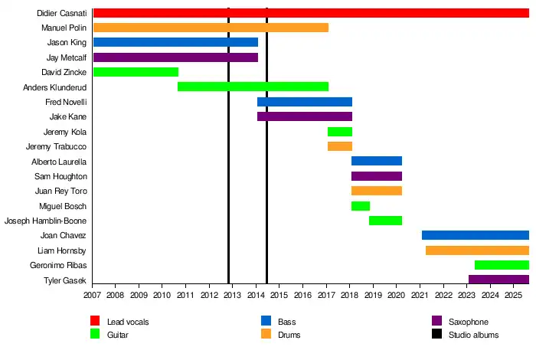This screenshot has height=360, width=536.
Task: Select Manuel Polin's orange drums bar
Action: click(x=211, y=28)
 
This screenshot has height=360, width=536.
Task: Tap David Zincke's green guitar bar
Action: click(x=136, y=72)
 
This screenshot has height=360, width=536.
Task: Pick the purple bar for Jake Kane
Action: click(x=305, y=116)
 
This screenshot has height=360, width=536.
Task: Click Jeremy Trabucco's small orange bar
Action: click(x=340, y=146)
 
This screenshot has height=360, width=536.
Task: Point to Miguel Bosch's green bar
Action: click(x=361, y=206)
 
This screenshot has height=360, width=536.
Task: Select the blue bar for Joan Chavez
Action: click(x=475, y=235)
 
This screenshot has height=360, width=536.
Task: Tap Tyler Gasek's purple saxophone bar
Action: click(x=498, y=280)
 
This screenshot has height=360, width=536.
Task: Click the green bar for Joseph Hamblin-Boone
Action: click(x=386, y=221)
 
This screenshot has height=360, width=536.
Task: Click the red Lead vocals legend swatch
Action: click(x=95, y=322)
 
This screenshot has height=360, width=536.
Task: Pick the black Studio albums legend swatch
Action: click(x=437, y=335)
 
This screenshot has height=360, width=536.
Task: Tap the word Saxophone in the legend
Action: click(x=469, y=322)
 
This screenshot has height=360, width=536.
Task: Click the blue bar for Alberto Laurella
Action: click(x=377, y=161)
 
